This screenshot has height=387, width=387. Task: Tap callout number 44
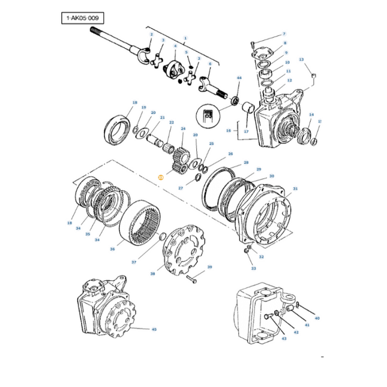pos(239,78)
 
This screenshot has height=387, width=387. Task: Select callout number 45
pos(154,329)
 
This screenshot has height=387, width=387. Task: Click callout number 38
pos(152,274)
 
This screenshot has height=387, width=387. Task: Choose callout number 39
pos(209,267)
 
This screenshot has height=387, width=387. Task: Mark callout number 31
pos(295,188)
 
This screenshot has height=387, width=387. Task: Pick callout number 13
pos(302,59)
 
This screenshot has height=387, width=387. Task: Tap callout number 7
pos(284,34)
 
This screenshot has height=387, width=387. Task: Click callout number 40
pos(317,318)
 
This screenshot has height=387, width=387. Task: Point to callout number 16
pos(228,130)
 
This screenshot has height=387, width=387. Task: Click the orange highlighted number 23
pos(160,178)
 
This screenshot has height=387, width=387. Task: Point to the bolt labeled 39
pos(193,277)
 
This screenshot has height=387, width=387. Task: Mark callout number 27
pos(180,188)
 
